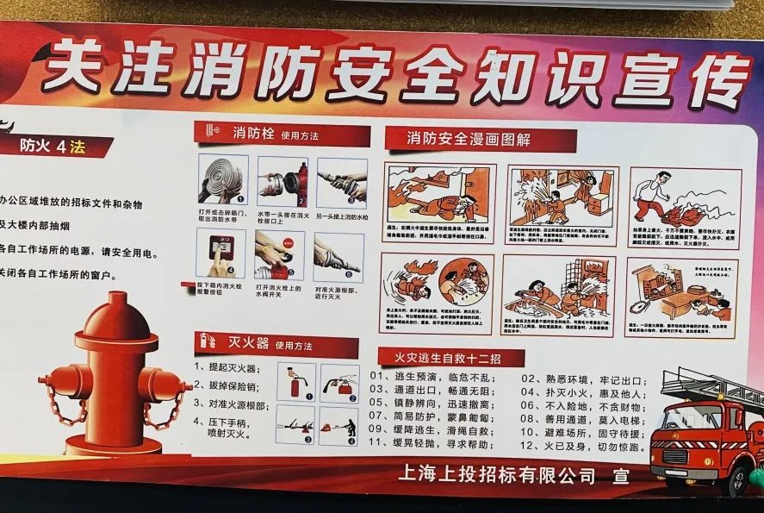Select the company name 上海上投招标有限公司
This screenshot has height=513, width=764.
click(498, 474)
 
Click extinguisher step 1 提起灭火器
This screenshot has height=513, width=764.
click(226, 369)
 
